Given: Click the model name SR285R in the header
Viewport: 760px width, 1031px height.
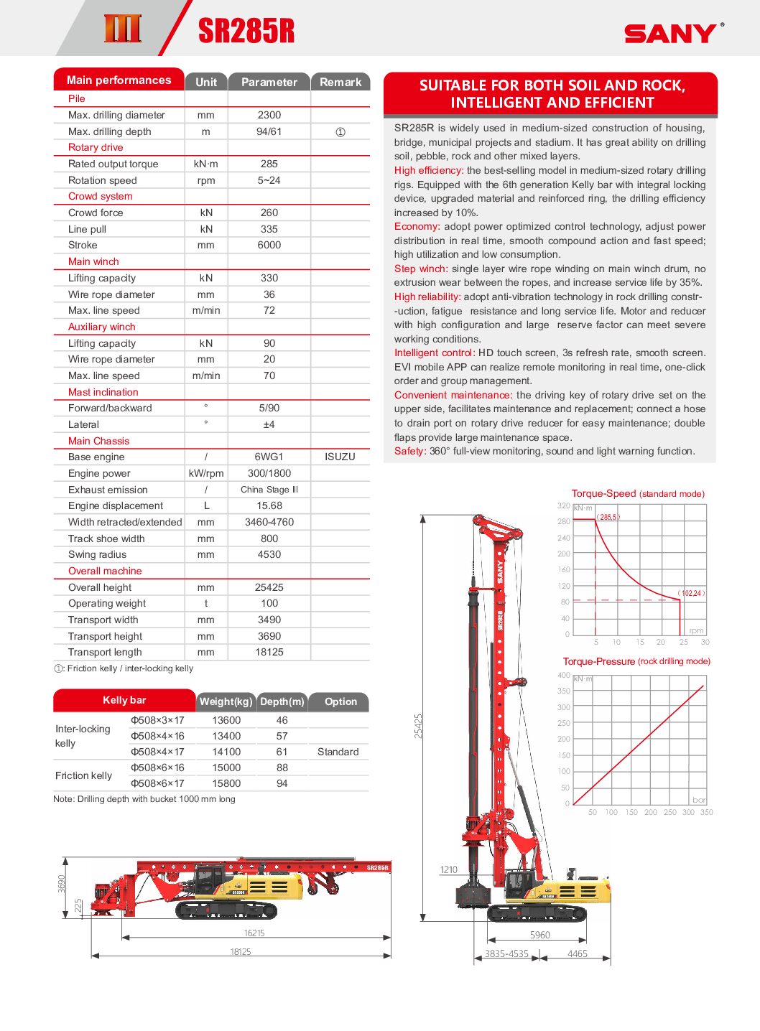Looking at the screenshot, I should pos(246,31).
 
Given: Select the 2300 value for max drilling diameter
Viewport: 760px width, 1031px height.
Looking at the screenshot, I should pos(269,115).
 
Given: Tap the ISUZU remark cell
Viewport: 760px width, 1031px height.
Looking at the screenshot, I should pos(340,457).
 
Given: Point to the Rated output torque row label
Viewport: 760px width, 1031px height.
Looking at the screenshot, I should pos(113,164).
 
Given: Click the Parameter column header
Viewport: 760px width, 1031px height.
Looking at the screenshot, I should pos(269,82).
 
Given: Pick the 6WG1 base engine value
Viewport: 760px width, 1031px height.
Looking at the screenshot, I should pos(269,457).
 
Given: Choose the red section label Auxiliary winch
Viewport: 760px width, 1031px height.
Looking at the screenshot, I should pos(101,327).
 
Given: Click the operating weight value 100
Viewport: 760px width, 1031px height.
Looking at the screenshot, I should pos(269,603).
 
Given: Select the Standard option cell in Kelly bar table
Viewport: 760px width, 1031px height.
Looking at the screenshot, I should pos(338,752).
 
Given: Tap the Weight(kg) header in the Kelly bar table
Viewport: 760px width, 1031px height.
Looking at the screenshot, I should pos(226,701).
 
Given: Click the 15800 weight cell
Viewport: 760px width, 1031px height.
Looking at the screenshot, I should pos(226,783).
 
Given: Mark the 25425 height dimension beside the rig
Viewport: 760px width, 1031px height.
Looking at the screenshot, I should pos(419,726).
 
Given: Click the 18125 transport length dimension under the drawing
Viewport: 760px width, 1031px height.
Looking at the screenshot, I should pos(241,951).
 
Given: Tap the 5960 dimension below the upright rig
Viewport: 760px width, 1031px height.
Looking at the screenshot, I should pos(539,935).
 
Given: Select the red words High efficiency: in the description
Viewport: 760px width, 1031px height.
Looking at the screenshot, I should pos(429,170).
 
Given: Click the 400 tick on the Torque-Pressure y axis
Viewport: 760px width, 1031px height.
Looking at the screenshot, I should pos(564,675).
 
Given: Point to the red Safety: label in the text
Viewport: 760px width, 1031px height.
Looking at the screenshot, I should pos(410,451).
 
